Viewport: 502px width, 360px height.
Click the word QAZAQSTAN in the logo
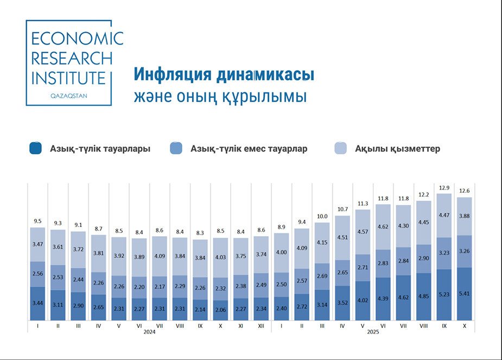[x=68, y=95]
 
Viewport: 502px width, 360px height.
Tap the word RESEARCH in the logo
[x=72, y=58]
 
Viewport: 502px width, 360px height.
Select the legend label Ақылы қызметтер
[x=397, y=149]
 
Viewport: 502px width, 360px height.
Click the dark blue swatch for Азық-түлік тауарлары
[x=36, y=148]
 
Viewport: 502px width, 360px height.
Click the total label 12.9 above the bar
[x=444, y=188]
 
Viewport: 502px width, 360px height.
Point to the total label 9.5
[x=37, y=221]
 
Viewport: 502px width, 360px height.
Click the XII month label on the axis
[x=261, y=326]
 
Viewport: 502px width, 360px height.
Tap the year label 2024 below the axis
[x=149, y=332]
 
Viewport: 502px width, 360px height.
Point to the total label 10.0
[x=322, y=216]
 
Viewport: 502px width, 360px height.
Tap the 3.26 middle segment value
[x=464, y=251]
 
